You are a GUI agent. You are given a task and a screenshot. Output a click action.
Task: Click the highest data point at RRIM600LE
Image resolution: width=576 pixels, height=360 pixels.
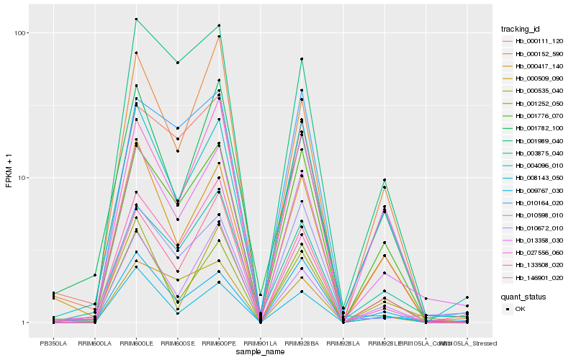click(x=136, y=19)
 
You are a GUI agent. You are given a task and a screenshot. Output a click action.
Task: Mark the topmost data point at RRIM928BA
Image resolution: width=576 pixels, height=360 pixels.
click(x=302, y=58)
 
